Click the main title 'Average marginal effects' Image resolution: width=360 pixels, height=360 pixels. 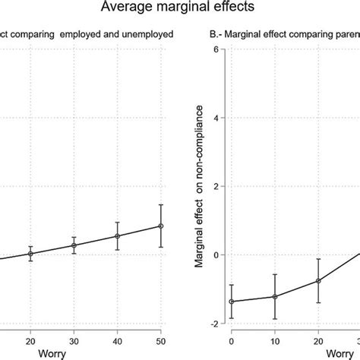point(179,8)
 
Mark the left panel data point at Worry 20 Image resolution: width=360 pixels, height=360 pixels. point(30,254)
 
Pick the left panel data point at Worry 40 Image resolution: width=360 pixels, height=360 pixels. point(118,236)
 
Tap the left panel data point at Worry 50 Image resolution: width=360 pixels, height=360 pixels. point(161,226)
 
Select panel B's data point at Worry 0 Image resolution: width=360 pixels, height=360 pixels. point(231,302)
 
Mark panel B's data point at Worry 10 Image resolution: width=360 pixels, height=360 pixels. point(274,297)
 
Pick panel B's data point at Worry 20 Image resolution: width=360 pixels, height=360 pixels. point(318,280)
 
